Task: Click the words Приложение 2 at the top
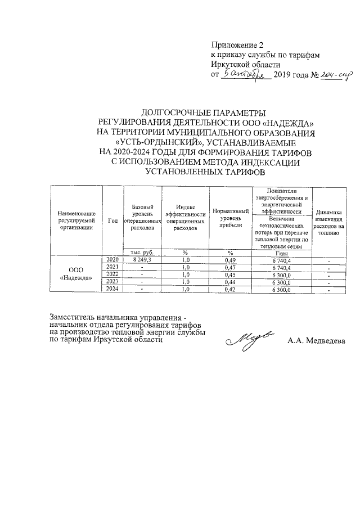(237, 45)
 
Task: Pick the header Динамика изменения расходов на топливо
(329, 221)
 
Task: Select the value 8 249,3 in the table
(142, 260)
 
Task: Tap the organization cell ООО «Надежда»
(76, 274)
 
